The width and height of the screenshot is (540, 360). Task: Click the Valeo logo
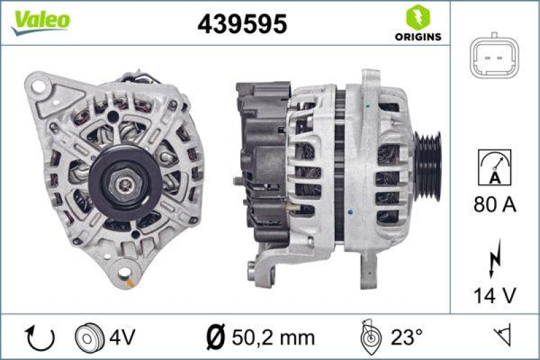39,21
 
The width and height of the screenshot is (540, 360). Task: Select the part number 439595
242,24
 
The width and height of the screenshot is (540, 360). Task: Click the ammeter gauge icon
495,166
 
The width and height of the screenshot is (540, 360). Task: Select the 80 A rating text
495,204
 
